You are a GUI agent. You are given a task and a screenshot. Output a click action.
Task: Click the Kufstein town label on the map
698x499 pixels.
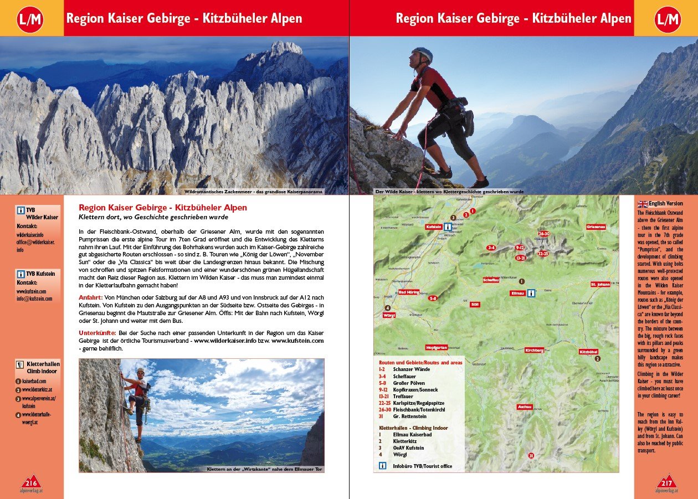pyautogui.click(x=433, y=227)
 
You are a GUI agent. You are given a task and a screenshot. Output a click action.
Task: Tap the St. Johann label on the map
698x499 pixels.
pyautogui.click(x=600, y=285)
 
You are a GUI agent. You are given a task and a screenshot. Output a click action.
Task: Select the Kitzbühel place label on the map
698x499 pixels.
pyautogui.click(x=588, y=352)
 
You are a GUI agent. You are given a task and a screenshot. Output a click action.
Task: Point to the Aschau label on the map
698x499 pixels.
pyautogui.click(x=525, y=407)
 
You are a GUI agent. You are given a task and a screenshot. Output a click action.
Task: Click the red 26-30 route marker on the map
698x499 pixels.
pyautogui.click(x=543, y=234)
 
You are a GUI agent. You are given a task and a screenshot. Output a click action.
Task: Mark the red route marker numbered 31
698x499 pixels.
pyautogui.click(x=531, y=455)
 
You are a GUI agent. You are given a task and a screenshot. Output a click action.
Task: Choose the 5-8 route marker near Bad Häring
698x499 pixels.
pyautogui.click(x=433, y=298)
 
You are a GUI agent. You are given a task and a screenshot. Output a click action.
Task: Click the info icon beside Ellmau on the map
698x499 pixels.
pyautogui.click(x=531, y=293)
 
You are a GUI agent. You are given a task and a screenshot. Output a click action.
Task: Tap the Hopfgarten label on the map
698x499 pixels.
pyautogui.click(x=437, y=347)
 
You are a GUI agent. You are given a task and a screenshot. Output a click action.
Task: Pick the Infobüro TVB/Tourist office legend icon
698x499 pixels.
pyautogui.click(x=382, y=466)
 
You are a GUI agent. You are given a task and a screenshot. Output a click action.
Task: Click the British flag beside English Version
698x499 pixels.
pyautogui.click(x=643, y=203)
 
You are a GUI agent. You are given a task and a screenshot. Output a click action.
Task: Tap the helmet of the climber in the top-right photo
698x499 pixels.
pyautogui.click(x=422, y=54)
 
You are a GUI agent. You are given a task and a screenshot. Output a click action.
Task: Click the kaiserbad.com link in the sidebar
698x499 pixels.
pyautogui.click(x=34, y=382)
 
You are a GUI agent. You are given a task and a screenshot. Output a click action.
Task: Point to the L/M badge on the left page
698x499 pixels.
pyautogui.click(x=31, y=19)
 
